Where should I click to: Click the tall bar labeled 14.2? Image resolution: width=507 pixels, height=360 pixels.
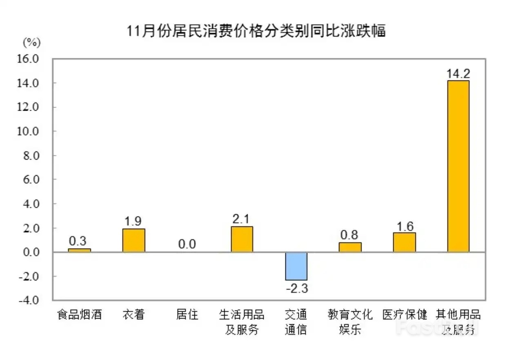(458, 166)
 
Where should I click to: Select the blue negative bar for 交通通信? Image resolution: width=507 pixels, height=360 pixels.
(296, 266)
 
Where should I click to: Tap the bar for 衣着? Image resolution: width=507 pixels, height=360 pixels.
(134, 240)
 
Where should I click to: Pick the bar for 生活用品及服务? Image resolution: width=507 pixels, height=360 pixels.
(242, 239)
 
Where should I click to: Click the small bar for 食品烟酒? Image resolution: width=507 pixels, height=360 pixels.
(80, 250)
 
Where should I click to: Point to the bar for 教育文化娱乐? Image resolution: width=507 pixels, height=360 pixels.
(350, 247)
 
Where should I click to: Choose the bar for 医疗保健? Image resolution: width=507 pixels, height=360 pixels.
(404, 242)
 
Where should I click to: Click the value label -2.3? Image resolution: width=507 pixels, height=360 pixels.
(296, 289)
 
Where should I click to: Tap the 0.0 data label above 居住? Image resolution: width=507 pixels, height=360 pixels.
(187, 244)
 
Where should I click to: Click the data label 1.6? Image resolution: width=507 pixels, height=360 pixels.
(405, 225)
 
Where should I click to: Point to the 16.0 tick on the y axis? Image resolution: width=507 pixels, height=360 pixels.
(39, 59)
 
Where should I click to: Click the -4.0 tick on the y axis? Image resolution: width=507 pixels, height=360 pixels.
(39, 300)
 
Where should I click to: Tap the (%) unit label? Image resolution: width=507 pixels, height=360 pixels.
(31, 42)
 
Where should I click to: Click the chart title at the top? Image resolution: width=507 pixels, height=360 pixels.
(256, 31)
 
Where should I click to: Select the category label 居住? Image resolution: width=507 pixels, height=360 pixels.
(187, 315)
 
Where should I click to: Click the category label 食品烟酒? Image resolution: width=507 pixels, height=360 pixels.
(79, 315)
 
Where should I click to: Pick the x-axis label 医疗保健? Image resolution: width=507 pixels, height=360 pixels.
(405, 315)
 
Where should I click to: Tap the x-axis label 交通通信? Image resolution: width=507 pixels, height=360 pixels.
(296, 322)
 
